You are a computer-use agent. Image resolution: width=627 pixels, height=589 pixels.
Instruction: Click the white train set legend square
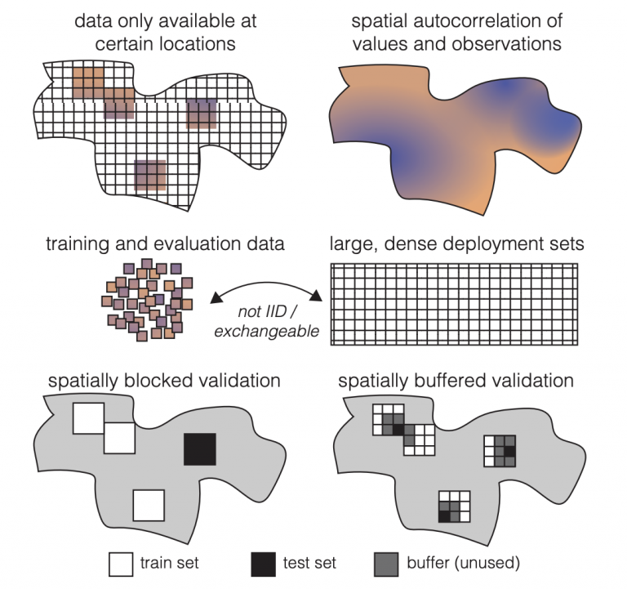pyautogui.click(x=121, y=564)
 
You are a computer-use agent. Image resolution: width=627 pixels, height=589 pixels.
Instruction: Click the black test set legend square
pyautogui.click(x=263, y=564)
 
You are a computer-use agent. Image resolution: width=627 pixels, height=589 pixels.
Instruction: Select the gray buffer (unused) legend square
pyautogui.click(x=386, y=564)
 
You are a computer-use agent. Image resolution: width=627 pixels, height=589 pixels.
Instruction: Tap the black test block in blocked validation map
pyautogui.click(x=200, y=449)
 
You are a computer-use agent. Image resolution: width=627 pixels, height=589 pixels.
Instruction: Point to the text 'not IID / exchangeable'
pyautogui.click(x=267, y=321)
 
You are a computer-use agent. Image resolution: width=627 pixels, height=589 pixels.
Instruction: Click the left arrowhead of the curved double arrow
pyautogui.click(x=216, y=297)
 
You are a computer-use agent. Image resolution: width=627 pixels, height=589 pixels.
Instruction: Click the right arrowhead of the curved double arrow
pyautogui.click(x=317, y=295)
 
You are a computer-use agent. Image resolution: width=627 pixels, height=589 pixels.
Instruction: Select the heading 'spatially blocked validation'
pyautogui.click(x=164, y=381)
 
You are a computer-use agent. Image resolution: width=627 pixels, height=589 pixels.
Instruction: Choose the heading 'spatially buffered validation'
pyautogui.click(x=456, y=381)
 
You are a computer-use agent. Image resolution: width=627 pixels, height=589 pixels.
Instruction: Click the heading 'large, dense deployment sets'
pyautogui.click(x=456, y=243)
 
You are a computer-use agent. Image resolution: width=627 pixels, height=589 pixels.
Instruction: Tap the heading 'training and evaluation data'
pyautogui.click(x=165, y=243)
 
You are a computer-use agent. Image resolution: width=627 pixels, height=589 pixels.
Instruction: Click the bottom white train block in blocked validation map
pyautogui.click(x=149, y=506)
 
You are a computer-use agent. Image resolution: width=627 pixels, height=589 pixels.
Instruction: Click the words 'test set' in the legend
pyautogui.click(x=309, y=563)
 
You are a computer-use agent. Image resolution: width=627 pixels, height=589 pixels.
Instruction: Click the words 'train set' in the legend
pyautogui.click(x=169, y=563)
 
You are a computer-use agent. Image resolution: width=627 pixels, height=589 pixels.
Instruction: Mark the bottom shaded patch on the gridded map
pyautogui.click(x=150, y=176)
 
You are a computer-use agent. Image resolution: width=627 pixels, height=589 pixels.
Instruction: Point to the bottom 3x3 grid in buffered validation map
pyautogui.click(x=454, y=506)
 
